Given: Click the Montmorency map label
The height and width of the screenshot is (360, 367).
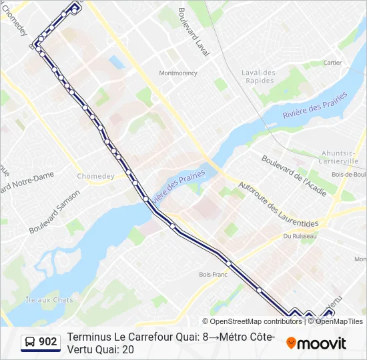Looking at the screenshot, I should (x=177, y=73).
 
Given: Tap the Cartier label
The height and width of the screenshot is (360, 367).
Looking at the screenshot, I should (x=332, y=63).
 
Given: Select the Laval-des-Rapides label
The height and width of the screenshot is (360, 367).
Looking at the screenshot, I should (x=258, y=77).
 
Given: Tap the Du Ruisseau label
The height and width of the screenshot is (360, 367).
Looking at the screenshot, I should (x=298, y=235).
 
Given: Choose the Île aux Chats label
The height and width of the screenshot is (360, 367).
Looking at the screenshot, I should (x=49, y=300).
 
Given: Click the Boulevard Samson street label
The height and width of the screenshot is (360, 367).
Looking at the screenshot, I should (x=54, y=211).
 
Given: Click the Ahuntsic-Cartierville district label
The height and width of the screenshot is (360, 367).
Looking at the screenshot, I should (x=339, y=157).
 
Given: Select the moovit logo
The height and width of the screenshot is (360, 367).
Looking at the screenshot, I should (x=316, y=343).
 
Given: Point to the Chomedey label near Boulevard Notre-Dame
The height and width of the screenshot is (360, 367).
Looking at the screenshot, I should (x=95, y=176).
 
